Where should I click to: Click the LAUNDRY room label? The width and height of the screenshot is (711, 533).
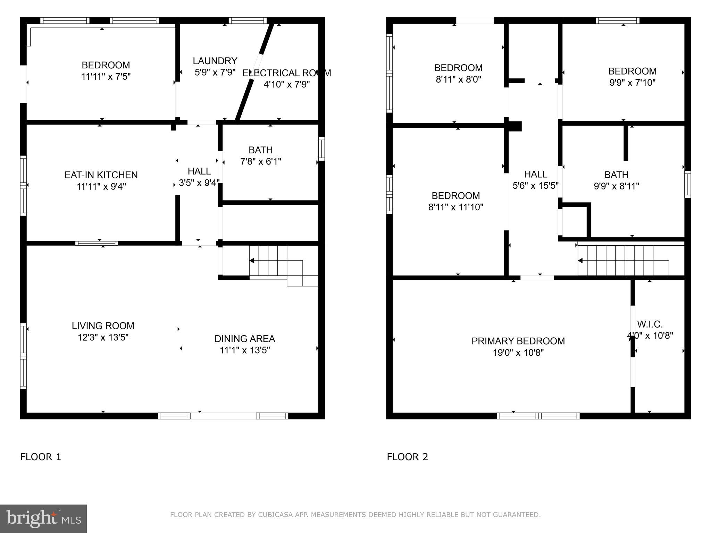point(215,61)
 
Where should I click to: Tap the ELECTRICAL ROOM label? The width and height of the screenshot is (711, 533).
point(286,73)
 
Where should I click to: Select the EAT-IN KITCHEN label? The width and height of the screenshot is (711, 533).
point(101,175)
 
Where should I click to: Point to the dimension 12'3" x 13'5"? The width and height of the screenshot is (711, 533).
point(103,337)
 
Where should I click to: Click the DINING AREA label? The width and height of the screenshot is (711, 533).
point(245,339)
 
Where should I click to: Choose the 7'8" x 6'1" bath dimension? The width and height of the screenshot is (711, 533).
point(261,162)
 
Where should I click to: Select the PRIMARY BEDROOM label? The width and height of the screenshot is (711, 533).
point(518,341)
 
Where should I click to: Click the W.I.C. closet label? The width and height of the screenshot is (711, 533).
point(650,324)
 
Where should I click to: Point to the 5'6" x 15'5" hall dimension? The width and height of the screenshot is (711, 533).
point(535,186)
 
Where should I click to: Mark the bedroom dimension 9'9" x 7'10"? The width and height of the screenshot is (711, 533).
point(633,83)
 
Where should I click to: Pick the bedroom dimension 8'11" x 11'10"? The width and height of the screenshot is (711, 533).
point(456,207)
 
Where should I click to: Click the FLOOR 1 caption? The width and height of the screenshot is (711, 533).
point(41,457)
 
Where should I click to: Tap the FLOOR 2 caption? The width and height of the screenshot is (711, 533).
point(408,457)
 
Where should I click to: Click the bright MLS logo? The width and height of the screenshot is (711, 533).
point(43,518)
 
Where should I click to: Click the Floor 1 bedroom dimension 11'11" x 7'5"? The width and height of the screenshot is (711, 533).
point(106,77)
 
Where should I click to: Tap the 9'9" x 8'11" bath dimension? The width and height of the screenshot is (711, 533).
point(616,186)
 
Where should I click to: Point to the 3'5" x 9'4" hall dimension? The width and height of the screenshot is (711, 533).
point(199,183)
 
